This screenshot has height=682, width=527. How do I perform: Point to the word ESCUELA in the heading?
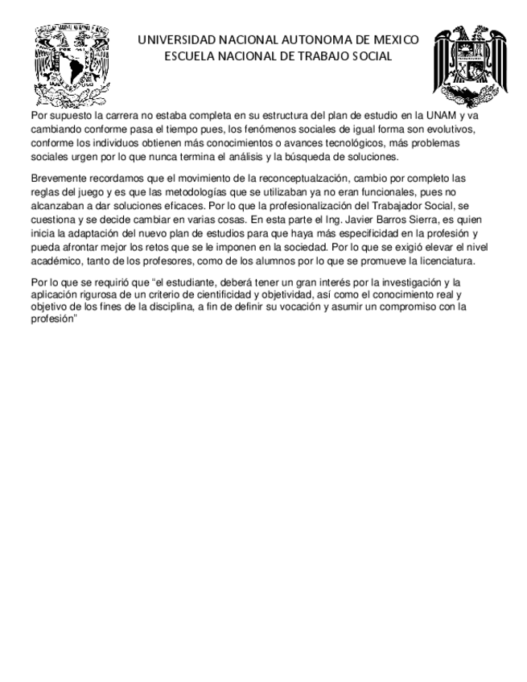[x=189, y=56]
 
